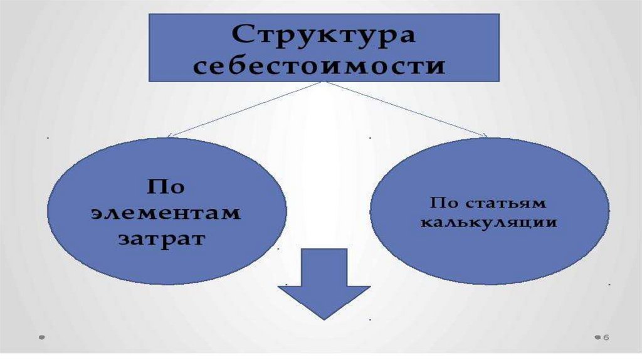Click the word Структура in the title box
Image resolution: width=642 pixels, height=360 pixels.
[x=324, y=36]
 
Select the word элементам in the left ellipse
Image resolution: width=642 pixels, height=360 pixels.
[x=165, y=213]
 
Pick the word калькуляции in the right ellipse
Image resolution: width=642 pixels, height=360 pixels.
[x=489, y=222]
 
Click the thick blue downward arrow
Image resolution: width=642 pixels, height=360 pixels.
[x=324, y=283]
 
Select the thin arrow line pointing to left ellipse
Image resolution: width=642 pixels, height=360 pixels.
[x=245, y=109]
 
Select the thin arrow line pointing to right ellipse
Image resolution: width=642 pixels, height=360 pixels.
[x=408, y=109]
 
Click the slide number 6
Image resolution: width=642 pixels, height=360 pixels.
[x=606, y=338]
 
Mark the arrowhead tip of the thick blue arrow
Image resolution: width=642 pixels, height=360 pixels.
[x=324, y=318]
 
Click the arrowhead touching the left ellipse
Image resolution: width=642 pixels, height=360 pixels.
[x=171, y=136]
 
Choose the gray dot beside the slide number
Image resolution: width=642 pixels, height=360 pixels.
[x=597, y=337]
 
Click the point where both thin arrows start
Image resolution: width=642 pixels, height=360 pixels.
[x=321, y=83]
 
